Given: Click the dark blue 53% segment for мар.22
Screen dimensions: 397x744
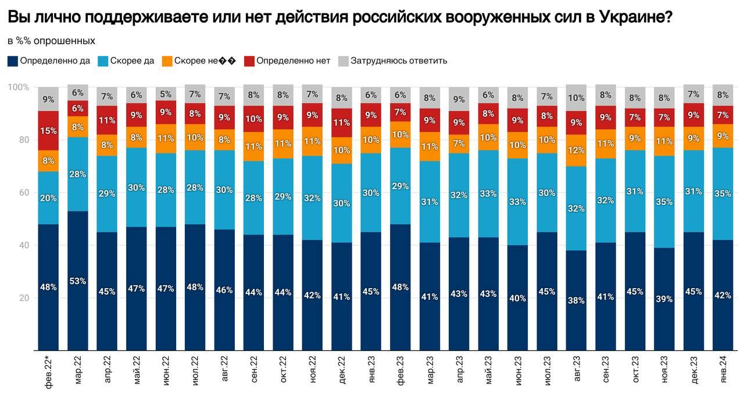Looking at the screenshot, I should click(x=78, y=281).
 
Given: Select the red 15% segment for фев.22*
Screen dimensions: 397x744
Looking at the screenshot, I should click(x=48, y=131).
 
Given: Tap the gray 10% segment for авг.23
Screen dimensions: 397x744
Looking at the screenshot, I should click(x=576, y=98).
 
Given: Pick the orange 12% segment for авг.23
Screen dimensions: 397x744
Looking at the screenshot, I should click(x=576, y=150).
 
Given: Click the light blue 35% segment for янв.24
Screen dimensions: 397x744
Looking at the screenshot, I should click(x=722, y=194).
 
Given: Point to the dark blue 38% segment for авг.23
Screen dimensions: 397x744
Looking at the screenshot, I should click(x=576, y=300).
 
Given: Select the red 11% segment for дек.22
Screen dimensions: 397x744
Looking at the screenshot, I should click(x=342, y=123).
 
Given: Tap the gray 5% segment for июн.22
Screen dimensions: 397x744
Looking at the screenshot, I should click(x=166, y=94).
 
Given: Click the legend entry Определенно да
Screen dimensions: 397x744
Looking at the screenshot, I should click(x=49, y=61).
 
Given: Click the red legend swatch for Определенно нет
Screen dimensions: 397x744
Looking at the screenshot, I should click(x=249, y=61).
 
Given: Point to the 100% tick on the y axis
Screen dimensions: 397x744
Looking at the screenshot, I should click(x=19, y=87).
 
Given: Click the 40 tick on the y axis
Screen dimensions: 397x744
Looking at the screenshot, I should click(x=23, y=245).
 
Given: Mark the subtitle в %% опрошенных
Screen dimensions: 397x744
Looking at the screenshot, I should click(x=51, y=41).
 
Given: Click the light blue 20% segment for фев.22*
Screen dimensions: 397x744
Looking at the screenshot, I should click(x=48, y=198).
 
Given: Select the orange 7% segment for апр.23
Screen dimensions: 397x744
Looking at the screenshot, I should click(x=459, y=144).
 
